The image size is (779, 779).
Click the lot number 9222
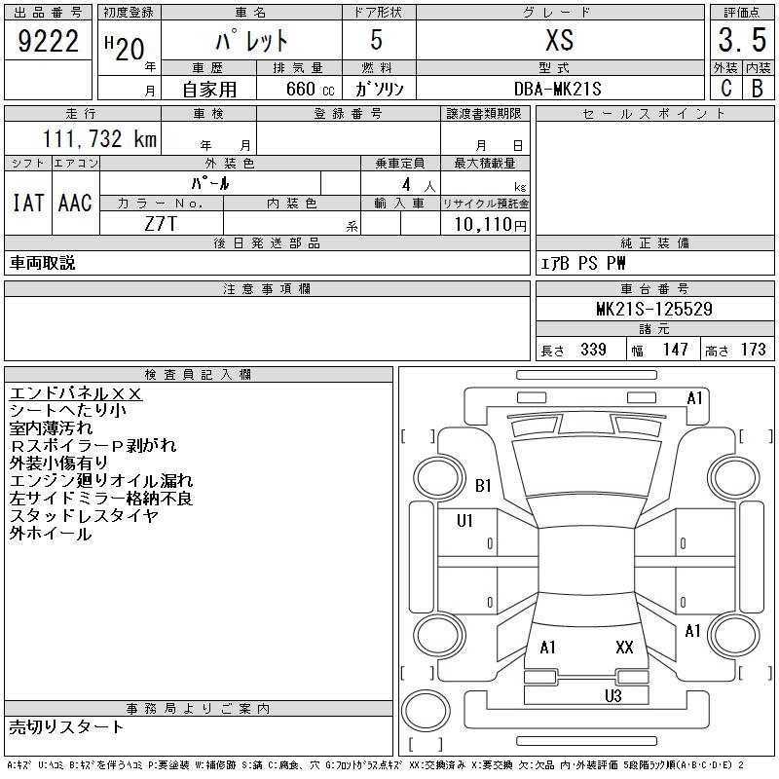point(48,41)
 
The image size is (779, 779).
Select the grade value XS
point(559,41)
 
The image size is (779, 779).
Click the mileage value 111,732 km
point(99,139)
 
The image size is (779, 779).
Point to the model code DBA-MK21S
point(559,89)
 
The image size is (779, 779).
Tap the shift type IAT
point(28,203)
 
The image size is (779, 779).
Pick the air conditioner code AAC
point(75,203)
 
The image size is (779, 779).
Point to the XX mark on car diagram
point(624,647)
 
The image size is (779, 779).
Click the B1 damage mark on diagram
point(484,485)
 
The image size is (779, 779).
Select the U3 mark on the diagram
point(612,695)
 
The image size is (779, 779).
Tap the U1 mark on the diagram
point(464,521)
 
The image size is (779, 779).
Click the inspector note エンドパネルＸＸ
point(76,393)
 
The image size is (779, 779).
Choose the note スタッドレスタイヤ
point(84,516)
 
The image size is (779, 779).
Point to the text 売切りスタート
point(67,726)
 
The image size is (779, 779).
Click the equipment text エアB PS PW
point(583,263)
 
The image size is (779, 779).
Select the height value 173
point(752,350)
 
